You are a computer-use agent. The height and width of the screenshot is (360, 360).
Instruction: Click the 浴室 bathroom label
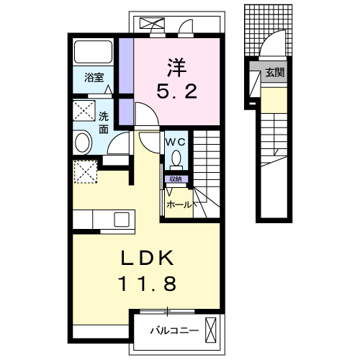pos(94,78)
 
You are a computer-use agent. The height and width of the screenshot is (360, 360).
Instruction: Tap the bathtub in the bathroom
pos(93,52)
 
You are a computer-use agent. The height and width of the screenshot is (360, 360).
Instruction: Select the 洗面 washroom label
pos(104,123)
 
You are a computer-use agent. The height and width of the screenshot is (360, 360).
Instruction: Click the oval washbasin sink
pos(82,143)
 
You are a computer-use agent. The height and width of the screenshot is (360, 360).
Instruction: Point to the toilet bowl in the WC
pos(176,158)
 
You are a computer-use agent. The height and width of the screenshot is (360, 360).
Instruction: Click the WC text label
pos(176,143)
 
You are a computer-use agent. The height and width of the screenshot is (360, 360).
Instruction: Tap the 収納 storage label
pos(176,179)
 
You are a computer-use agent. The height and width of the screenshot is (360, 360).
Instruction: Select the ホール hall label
pos(179,205)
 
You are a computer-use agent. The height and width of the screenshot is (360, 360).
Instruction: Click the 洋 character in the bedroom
pos(177,68)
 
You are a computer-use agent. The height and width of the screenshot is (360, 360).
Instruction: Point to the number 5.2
pos(177,91)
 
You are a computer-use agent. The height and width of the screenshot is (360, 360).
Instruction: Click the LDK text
pos(147,258)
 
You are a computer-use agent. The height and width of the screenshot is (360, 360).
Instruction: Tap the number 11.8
pos(147,283)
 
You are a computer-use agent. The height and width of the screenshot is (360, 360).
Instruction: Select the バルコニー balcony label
pos(174,331)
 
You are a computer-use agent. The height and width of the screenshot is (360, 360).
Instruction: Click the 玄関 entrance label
pos(275,72)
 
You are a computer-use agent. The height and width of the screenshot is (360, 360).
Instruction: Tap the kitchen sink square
pos(122,220)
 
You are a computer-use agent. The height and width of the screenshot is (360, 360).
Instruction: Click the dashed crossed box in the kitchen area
pos(86,172)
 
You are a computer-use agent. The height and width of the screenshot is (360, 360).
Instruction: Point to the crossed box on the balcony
pos(210,330)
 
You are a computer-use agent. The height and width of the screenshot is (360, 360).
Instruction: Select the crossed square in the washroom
pos(84,111)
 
